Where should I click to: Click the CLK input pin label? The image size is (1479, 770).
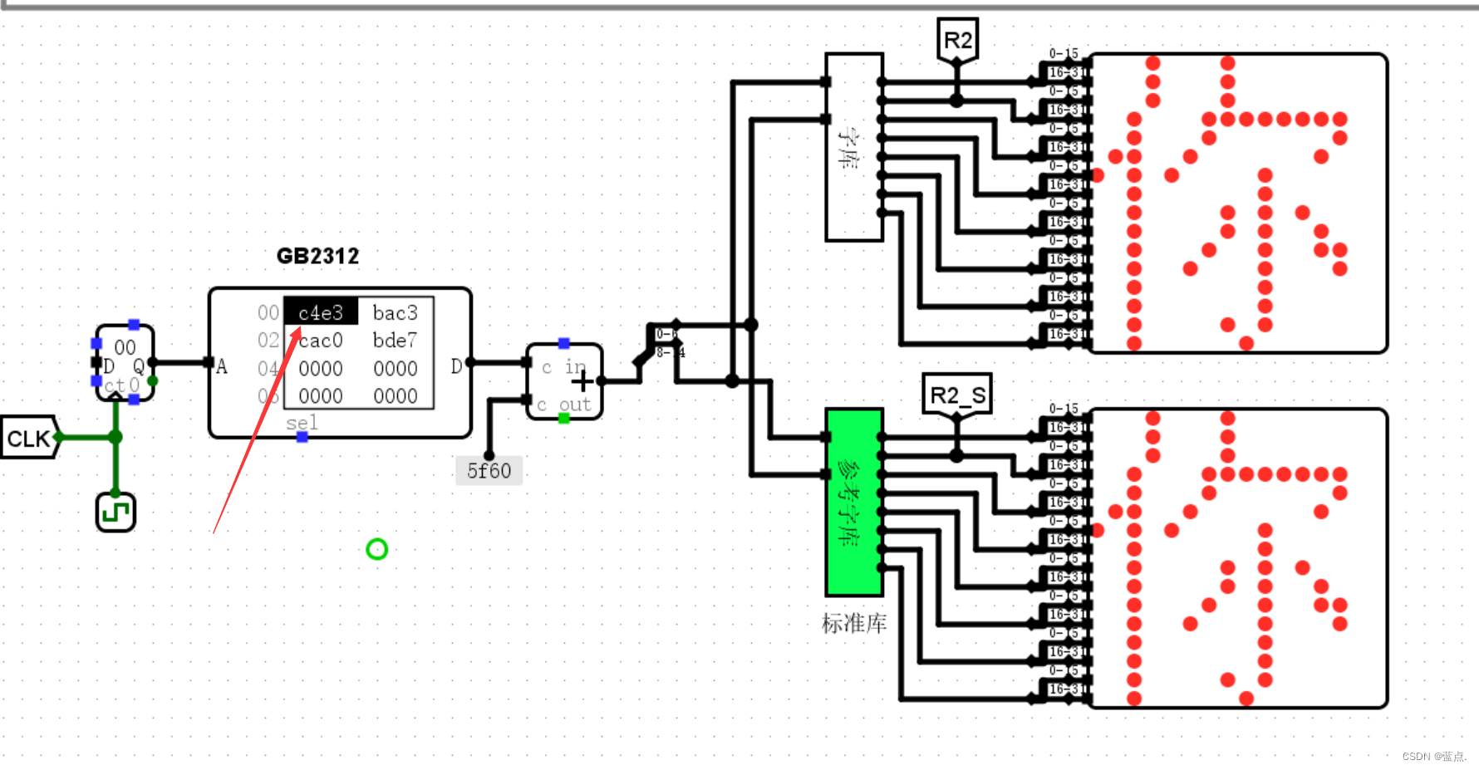(29, 438)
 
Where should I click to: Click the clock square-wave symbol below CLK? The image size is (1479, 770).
(115, 513)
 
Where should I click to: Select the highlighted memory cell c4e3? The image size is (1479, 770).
(321, 312)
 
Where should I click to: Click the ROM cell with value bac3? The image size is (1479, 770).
(395, 312)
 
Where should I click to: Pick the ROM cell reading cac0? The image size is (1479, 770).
(321, 341)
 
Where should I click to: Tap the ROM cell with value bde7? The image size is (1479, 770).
(395, 341)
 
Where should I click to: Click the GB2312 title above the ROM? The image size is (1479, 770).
(317, 256)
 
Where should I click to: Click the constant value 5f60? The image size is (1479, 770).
(489, 471)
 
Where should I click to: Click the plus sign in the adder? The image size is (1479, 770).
(582, 381)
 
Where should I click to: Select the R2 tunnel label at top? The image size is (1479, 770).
(957, 41)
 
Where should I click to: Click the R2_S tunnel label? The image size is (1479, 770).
(957, 395)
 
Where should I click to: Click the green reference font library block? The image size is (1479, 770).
(853, 502)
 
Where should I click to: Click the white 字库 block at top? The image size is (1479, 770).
(853, 147)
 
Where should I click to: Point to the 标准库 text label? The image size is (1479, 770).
(853, 623)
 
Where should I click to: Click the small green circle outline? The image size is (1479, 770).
(376, 549)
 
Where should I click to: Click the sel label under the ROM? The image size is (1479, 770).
(302, 423)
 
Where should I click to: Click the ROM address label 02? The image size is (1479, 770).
(268, 341)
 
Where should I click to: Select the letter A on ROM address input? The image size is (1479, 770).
(222, 367)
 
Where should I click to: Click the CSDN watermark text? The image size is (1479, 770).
(1434, 756)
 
